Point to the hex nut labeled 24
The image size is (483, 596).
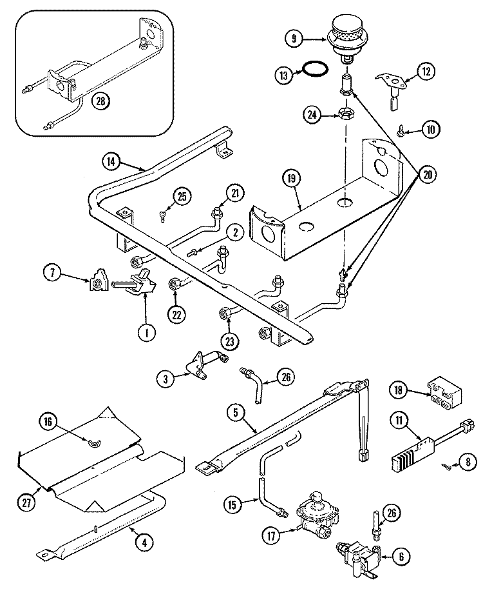345,115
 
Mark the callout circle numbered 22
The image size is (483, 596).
176,314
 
